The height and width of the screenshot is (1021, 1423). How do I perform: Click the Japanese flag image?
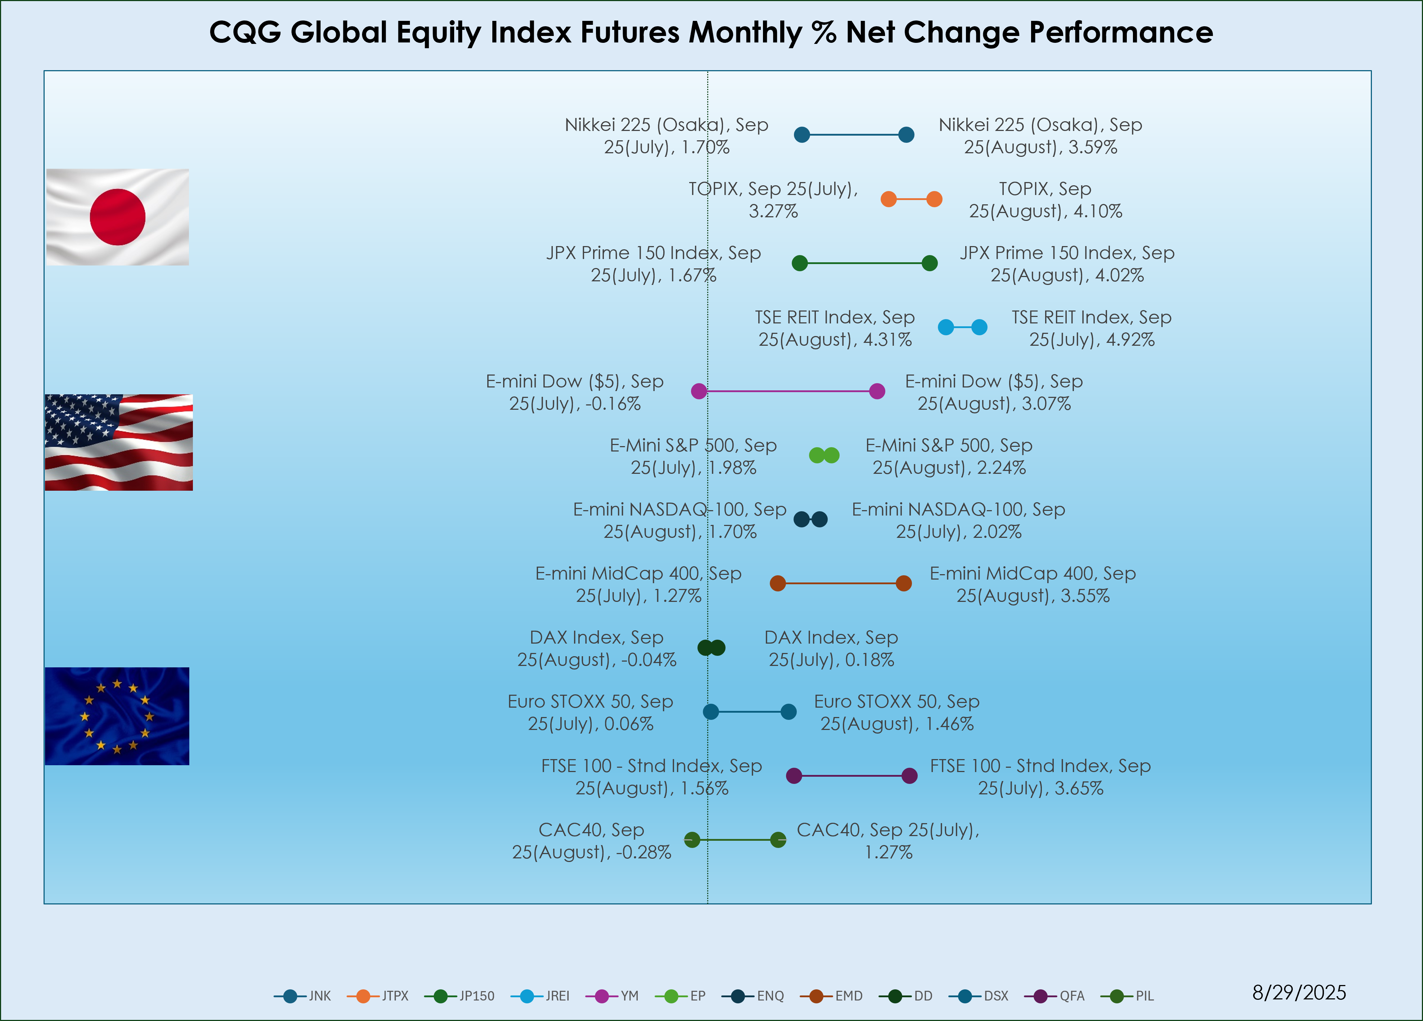click(x=117, y=217)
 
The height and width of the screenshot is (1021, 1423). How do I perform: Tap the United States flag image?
click(x=119, y=442)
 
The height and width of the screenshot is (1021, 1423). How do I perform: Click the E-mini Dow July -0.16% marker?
click(x=699, y=391)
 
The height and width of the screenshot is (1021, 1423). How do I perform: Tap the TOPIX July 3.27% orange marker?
click(x=889, y=199)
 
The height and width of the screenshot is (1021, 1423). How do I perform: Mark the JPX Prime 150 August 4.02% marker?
click(x=930, y=263)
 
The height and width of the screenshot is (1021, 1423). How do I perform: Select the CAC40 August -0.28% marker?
click(x=692, y=840)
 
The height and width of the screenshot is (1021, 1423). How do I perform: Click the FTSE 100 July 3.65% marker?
click(x=909, y=776)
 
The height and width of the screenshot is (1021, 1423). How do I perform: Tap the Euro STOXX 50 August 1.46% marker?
click(x=789, y=712)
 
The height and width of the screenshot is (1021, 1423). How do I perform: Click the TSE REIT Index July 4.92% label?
click(x=1091, y=328)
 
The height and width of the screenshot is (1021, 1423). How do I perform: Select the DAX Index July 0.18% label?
click(x=831, y=649)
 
